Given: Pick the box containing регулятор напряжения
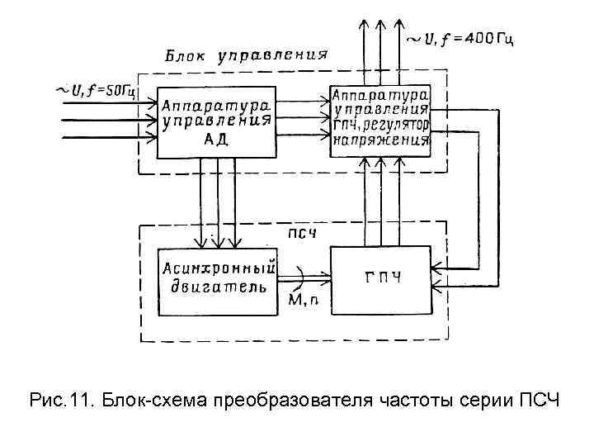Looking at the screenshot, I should (x=380, y=119).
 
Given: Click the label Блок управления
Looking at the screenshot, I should (x=246, y=58).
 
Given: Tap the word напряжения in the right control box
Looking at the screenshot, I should (x=381, y=140).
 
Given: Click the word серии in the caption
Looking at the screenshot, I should (x=487, y=401).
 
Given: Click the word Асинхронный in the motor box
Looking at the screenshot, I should (x=217, y=268).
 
